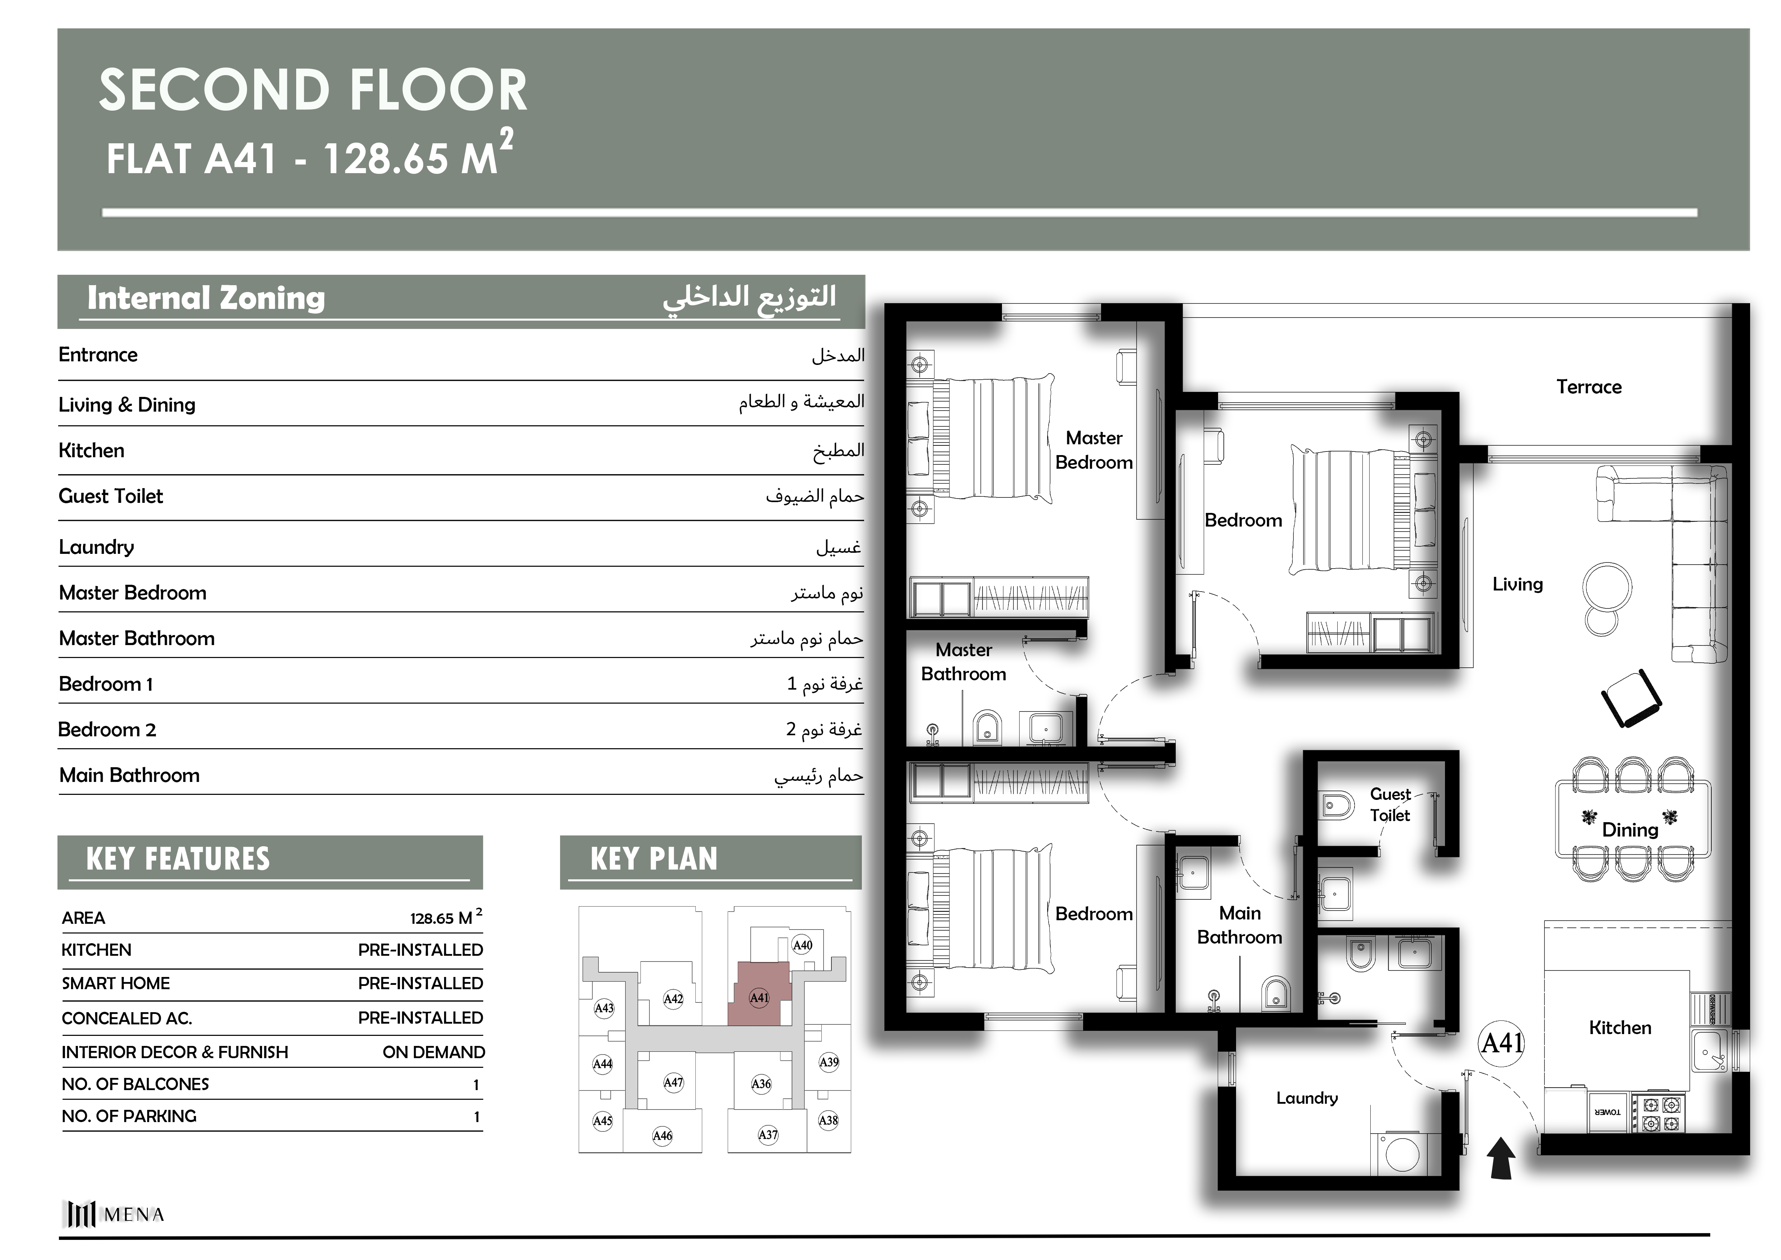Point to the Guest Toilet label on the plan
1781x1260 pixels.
pos(1390,805)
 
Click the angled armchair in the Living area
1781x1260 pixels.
pos(1631,698)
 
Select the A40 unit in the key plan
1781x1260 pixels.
pos(802,945)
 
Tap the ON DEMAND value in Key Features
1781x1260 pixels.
pos(434,1052)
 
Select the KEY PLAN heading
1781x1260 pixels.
pos(654,859)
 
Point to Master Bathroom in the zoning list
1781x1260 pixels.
pos(136,639)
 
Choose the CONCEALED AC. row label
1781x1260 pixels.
pos(126,1018)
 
